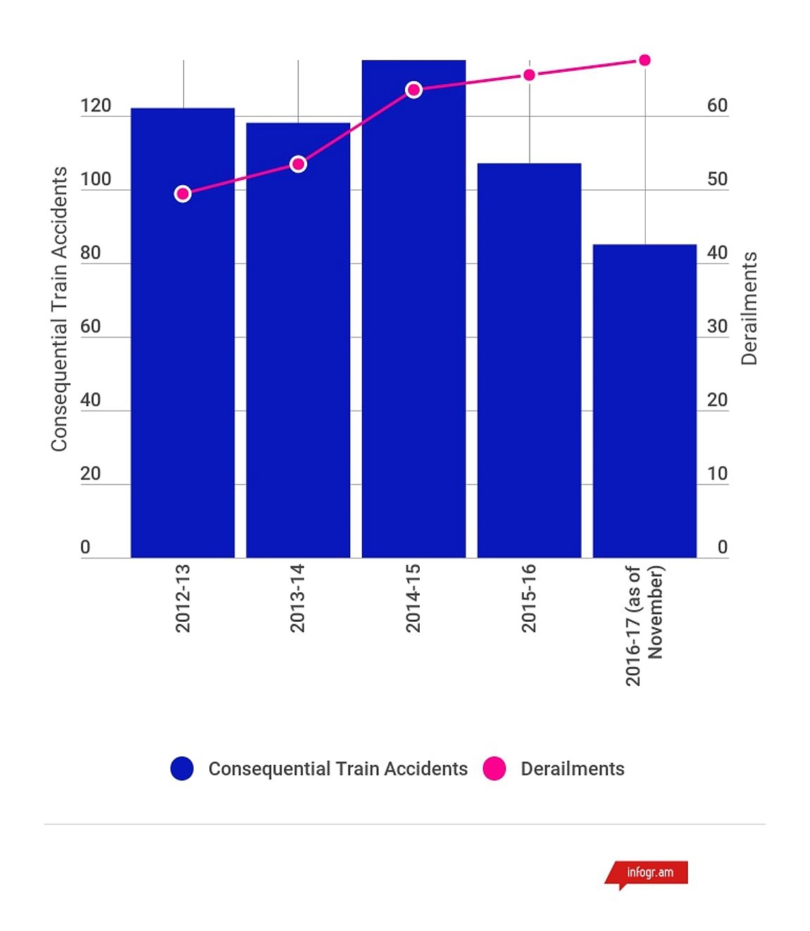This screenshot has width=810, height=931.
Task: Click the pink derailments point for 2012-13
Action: point(182,194)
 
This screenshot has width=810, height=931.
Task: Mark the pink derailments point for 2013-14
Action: point(298,164)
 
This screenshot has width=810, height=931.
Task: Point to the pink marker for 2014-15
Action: point(414,89)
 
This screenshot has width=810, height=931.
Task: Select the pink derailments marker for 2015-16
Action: point(529,75)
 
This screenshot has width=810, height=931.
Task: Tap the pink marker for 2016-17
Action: point(644,60)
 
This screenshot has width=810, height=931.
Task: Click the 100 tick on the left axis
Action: point(96,179)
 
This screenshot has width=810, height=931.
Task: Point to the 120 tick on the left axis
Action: point(96,106)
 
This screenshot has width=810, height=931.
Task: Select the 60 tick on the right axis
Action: point(717,106)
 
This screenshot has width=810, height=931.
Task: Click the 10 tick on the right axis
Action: point(717,473)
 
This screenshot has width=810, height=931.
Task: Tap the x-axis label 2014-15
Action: point(413,598)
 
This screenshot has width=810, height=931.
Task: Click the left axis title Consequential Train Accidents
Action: point(59,308)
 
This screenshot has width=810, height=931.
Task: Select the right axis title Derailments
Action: point(749,308)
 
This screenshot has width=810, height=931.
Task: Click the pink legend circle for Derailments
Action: point(494,768)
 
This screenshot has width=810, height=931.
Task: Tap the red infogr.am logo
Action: point(649,873)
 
